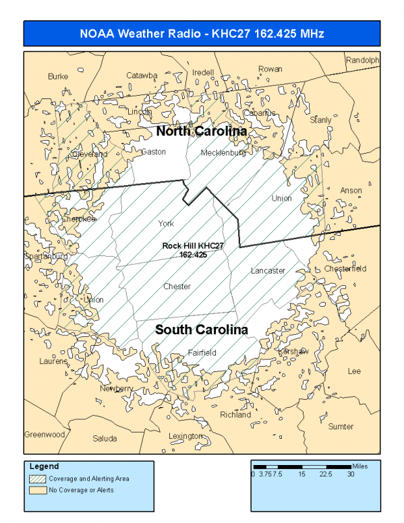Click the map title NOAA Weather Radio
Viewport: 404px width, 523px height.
(202, 34)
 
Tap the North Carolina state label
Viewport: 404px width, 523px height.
(201, 131)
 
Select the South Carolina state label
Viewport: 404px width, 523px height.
(201, 330)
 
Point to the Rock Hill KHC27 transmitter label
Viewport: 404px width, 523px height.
(193, 250)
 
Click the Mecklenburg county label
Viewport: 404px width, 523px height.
(223, 153)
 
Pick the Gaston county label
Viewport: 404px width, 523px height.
(154, 152)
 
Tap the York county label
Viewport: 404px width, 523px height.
(166, 223)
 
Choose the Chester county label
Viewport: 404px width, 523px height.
(177, 286)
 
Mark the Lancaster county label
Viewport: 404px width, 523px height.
(268, 270)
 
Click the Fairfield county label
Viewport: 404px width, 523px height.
(202, 352)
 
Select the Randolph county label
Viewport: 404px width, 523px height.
(362, 60)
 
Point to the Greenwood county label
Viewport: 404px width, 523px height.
(45, 434)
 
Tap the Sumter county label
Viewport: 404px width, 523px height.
(340, 426)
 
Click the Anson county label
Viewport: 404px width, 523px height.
(351, 191)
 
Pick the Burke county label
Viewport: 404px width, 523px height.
(58, 77)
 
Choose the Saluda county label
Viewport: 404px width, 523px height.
(105, 438)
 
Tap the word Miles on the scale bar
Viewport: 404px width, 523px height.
(360, 466)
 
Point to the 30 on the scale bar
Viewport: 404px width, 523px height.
(351, 474)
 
